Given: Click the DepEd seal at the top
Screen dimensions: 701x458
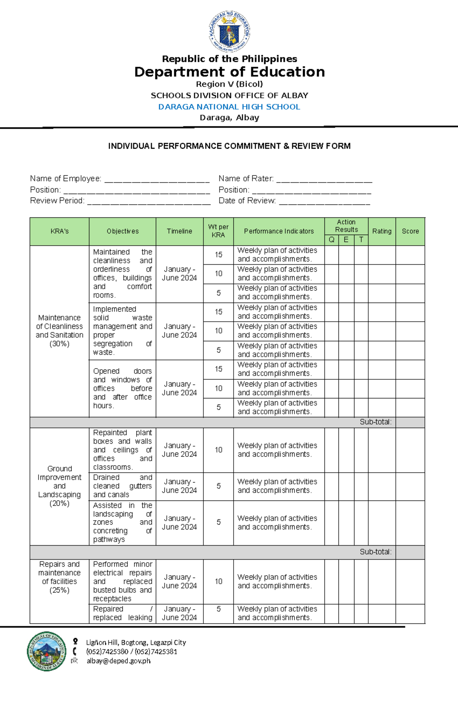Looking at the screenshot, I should pyautogui.click(x=229, y=31).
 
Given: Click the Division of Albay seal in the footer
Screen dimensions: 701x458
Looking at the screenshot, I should pyautogui.click(x=47, y=651).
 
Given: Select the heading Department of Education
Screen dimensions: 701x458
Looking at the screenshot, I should pyautogui.click(x=229, y=72).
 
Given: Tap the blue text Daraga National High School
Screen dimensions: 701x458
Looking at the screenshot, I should pyautogui.click(x=229, y=107).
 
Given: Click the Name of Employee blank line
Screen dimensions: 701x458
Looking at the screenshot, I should pyautogui.click(x=157, y=179).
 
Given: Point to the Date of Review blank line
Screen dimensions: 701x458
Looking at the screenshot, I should pyautogui.click(x=324, y=201).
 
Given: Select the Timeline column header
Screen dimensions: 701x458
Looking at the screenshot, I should pyautogui.click(x=179, y=231).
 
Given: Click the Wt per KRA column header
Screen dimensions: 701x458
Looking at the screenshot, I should pyautogui.click(x=218, y=231).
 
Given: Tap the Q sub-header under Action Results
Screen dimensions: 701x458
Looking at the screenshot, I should pyautogui.click(x=331, y=240).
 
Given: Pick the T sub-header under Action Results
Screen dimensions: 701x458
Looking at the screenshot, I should pyautogui.click(x=361, y=240).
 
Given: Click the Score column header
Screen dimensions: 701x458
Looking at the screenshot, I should pyautogui.click(x=410, y=231).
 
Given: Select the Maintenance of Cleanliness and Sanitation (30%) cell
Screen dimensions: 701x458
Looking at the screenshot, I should pyautogui.click(x=60, y=330).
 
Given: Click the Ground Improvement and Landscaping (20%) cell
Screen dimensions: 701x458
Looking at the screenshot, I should pyautogui.click(x=60, y=486).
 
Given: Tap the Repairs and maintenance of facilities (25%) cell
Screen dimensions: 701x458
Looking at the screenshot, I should pyautogui.click(x=60, y=577).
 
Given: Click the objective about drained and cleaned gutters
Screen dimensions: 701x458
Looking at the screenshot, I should pyautogui.click(x=122, y=486).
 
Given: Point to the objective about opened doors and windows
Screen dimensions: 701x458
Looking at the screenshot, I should pyautogui.click(x=122, y=388).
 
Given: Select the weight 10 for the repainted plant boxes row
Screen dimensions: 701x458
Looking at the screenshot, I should pyautogui.click(x=218, y=450).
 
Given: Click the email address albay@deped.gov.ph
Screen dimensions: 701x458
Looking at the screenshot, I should pyautogui.click(x=118, y=661).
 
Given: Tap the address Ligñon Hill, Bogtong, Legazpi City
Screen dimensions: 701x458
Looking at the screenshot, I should pyautogui.click(x=136, y=643).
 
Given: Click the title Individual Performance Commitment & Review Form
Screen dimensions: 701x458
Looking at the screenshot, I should pyautogui.click(x=229, y=146).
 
